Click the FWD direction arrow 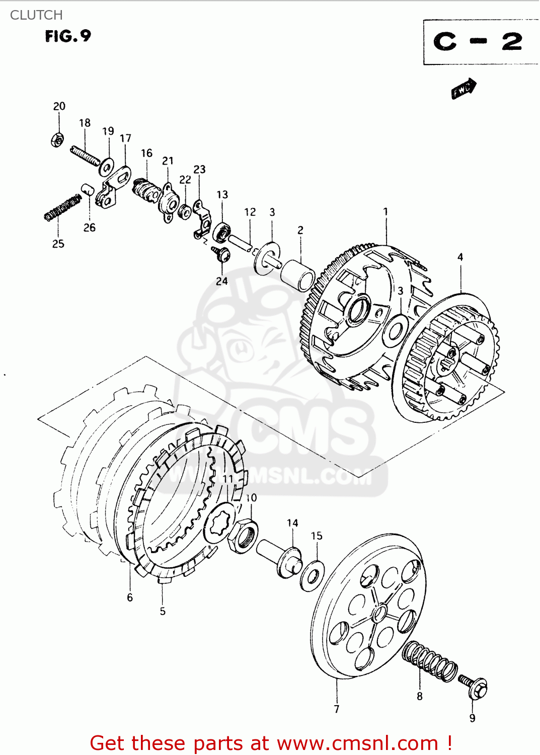point(463,89)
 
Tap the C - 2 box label point(478,42)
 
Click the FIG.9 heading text point(68,36)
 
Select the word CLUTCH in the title point(36,15)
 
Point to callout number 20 point(59,106)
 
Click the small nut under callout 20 point(58,139)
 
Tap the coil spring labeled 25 point(62,207)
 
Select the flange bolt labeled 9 point(474,686)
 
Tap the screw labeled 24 point(221,253)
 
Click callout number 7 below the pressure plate point(336,709)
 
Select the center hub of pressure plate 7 point(379,614)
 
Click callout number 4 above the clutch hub point(460,257)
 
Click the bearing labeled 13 point(221,232)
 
